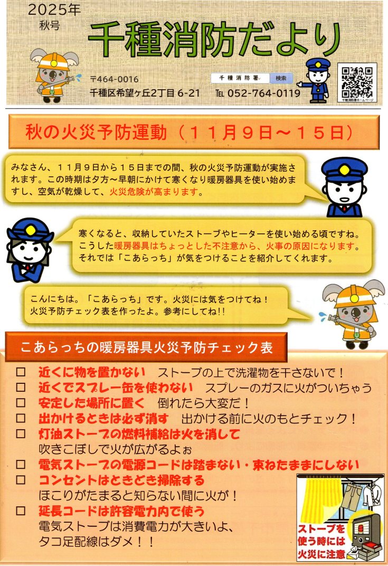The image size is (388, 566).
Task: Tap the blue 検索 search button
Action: pyautogui.click(x=281, y=78)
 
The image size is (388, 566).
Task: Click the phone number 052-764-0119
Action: pyautogui.click(x=264, y=93)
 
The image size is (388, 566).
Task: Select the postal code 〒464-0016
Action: pyautogui.click(x=114, y=79)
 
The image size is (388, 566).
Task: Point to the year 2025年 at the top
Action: pyautogui.click(x=54, y=10)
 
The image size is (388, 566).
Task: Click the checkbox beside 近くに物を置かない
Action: pyautogui.click(x=21, y=372)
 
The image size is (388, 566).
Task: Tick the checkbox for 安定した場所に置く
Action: pyautogui.click(x=21, y=402)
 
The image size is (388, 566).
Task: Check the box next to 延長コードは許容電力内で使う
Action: pyautogui.click(x=21, y=511)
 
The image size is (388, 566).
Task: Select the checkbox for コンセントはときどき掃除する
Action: pyautogui.click(x=21, y=480)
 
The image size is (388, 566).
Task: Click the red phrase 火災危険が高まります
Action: pyautogui.click(x=155, y=191)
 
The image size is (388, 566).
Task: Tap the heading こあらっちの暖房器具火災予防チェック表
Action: pyautogui.click(x=146, y=347)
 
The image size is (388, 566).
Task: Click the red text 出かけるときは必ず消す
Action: pyautogui.click(x=103, y=418)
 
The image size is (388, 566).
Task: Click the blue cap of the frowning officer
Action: pyautogui.click(x=344, y=169)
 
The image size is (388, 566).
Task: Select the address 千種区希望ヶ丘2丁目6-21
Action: pyautogui.click(x=145, y=93)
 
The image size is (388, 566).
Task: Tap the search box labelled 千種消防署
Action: pyautogui.click(x=240, y=78)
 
